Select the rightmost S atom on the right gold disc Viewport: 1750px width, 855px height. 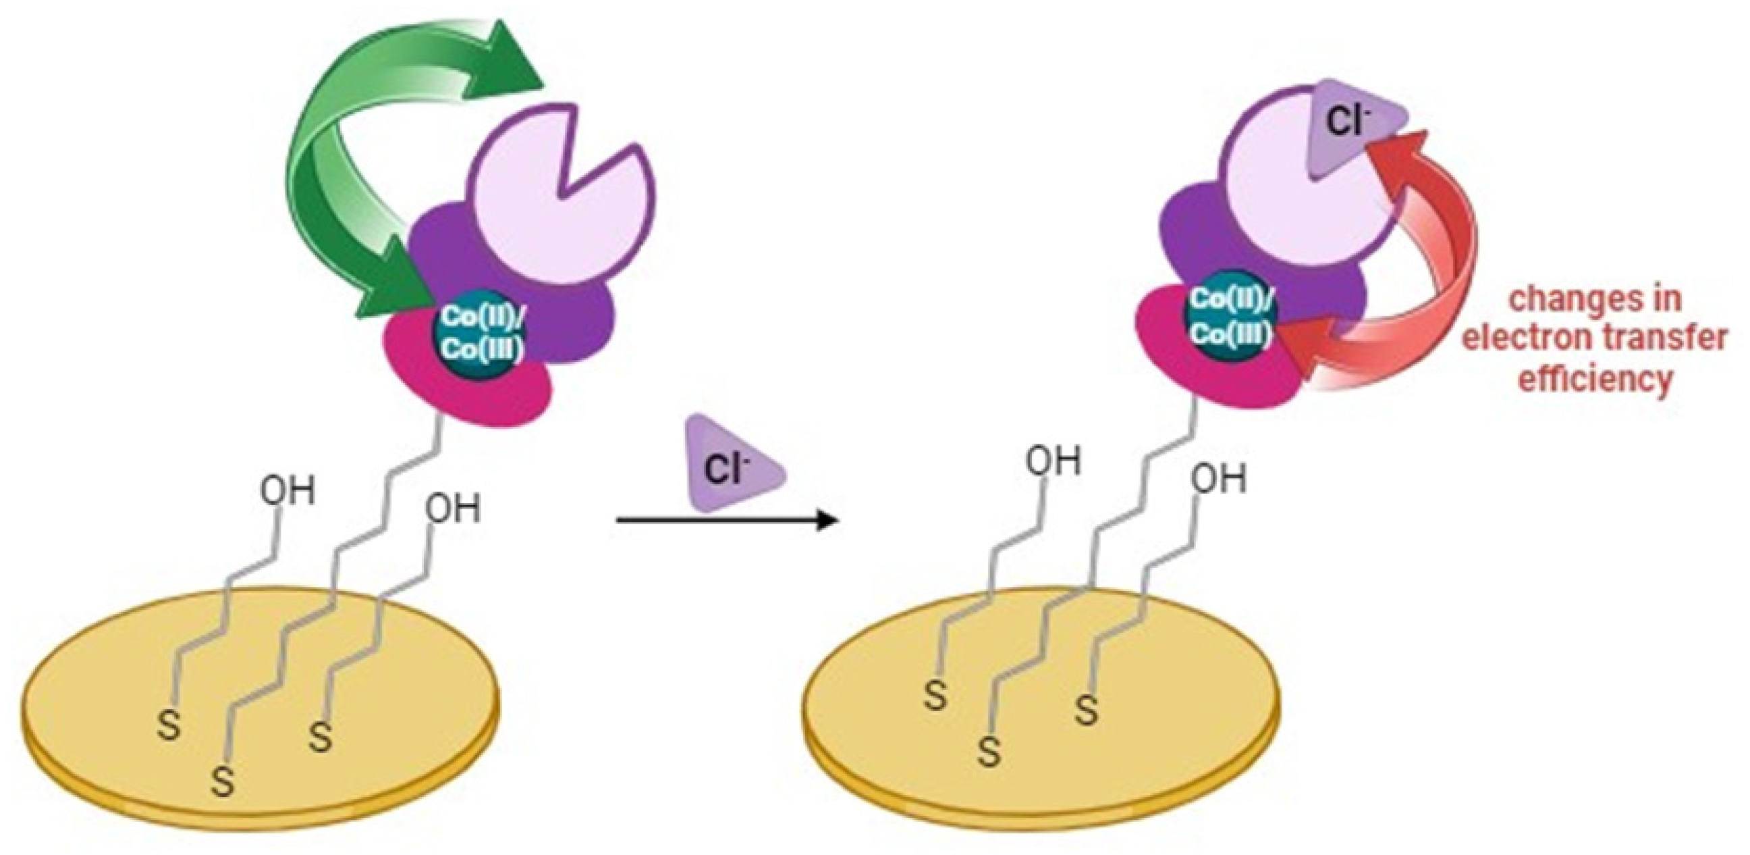click(x=1087, y=712)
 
